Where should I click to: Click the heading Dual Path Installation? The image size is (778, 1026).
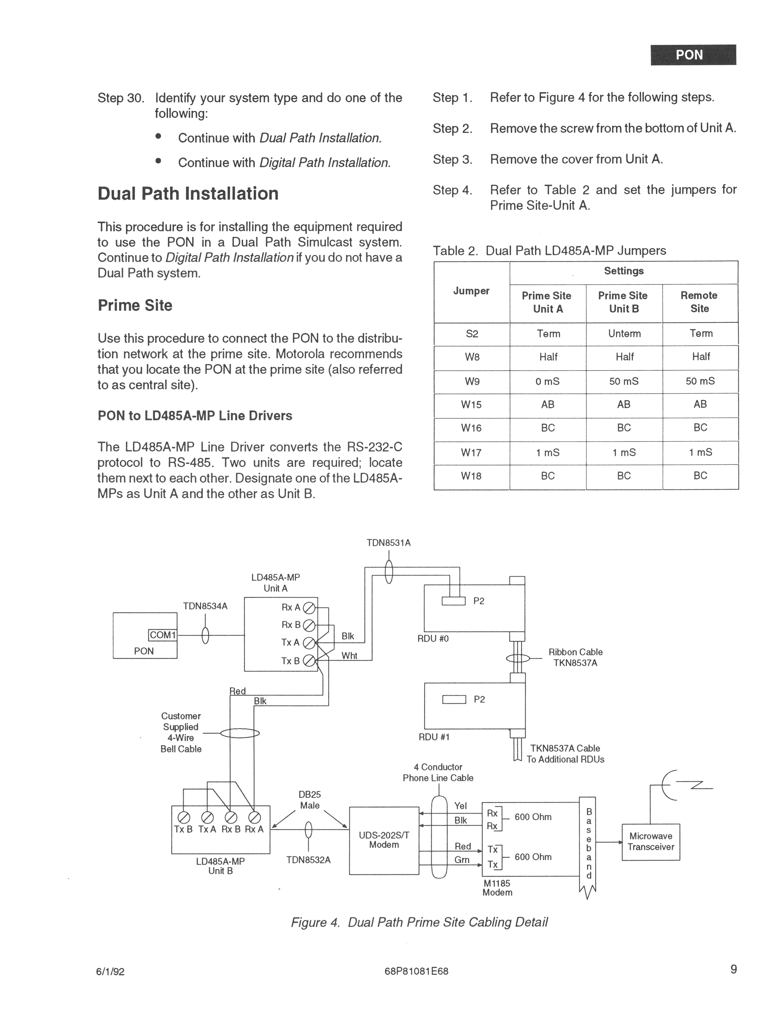click(x=188, y=193)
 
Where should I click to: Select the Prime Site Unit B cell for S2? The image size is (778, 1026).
click(x=624, y=333)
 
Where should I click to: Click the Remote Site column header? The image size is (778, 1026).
click(x=700, y=302)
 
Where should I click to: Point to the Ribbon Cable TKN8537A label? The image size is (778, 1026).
click(x=575, y=657)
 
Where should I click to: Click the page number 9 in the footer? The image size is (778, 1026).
click(x=733, y=969)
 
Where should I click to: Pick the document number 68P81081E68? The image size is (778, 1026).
click(x=416, y=971)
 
